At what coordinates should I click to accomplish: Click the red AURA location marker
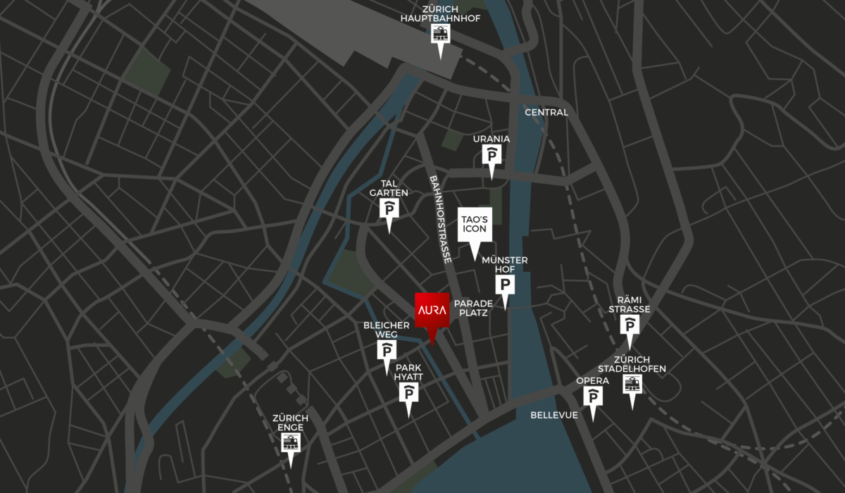point(432,311)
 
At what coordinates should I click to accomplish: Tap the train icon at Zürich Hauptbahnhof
point(441,34)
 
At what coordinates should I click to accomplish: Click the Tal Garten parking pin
point(389,208)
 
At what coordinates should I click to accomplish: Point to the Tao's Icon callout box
point(473,225)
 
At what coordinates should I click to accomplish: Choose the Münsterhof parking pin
point(505,285)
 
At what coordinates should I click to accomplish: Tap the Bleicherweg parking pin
point(386,350)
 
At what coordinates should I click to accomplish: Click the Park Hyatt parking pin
point(408,394)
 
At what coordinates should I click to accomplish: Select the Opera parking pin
point(593,397)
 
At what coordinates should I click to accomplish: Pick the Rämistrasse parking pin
point(630,325)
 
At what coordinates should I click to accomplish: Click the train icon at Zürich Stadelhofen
point(632,385)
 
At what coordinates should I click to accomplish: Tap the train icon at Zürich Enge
point(290,442)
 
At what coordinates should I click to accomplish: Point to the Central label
point(546,113)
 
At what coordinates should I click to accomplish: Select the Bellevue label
point(554,415)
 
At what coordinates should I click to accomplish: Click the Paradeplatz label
point(473,308)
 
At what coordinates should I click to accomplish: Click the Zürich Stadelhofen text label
point(632,364)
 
